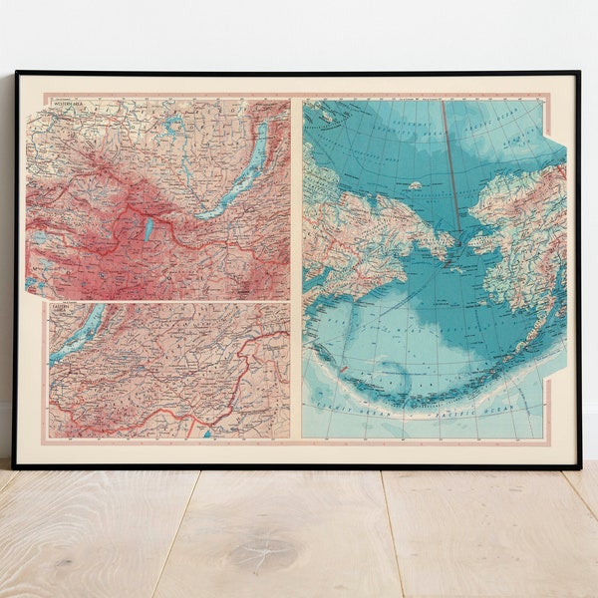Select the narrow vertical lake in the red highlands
pyautogui.click(x=149, y=228)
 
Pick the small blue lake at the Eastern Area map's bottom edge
pyautogui.click(x=207, y=434)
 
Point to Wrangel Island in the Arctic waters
pyautogui.click(x=415, y=185)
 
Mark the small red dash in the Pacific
pyautogui.click(x=344, y=371)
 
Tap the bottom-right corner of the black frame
pyautogui.click(x=578, y=466)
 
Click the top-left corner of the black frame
pyautogui.click(x=16, y=73)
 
